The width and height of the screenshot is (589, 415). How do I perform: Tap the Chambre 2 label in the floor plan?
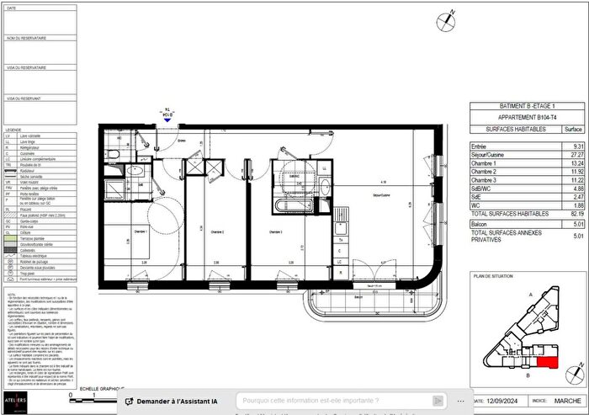(x=217, y=231)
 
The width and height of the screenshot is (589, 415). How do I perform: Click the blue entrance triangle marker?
(x=167, y=120)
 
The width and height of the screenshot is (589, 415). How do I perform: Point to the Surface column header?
(x=573, y=130)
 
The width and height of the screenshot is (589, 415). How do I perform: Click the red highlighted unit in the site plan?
(x=547, y=363)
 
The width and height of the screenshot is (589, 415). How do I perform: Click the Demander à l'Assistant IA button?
(x=173, y=401)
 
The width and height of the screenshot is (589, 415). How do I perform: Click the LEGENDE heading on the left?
(x=13, y=129)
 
